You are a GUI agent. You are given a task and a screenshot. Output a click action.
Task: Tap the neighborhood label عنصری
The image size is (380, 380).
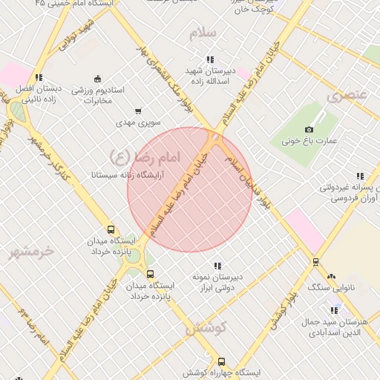tap(347, 95)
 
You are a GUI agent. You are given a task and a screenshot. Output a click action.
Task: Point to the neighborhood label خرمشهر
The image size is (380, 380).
tap(31, 252)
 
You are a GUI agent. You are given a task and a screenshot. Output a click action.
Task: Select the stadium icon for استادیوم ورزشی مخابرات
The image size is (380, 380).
tap(97, 79)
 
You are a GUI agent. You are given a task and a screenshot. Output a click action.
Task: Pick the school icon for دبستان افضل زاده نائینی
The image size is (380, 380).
tap(38, 77)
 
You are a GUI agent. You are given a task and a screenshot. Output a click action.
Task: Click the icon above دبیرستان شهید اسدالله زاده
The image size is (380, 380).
tap(210, 59)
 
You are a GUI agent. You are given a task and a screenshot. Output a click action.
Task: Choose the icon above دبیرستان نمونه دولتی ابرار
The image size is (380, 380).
tap(217, 266)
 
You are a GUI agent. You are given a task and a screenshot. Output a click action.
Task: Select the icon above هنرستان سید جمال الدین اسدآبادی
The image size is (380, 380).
tap(333, 310)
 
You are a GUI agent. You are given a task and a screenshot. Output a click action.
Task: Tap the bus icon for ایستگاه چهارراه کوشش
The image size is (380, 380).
tap(221, 361)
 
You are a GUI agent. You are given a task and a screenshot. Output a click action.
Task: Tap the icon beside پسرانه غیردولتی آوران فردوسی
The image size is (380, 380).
tap(360, 177)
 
